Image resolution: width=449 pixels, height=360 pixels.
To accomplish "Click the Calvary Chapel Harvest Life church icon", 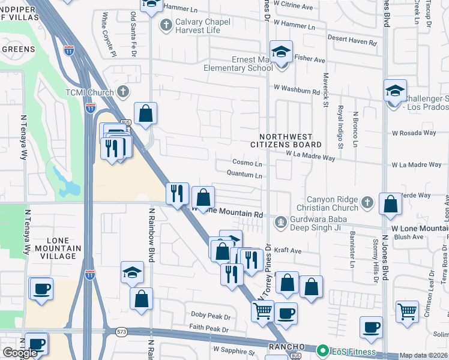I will pyautogui.click(x=166, y=25).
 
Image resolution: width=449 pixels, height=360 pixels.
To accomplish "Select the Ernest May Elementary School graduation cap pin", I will pyautogui.click(x=280, y=52).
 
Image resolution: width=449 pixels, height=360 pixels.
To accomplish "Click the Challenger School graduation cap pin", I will pyautogui.click(x=395, y=91).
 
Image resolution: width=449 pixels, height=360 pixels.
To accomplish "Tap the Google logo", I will pyautogui.click(x=20, y=353).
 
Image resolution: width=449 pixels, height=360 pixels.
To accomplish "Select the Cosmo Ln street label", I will pyautogui.click(x=247, y=163).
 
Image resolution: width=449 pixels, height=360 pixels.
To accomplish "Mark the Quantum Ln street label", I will pyautogui.click(x=244, y=175).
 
